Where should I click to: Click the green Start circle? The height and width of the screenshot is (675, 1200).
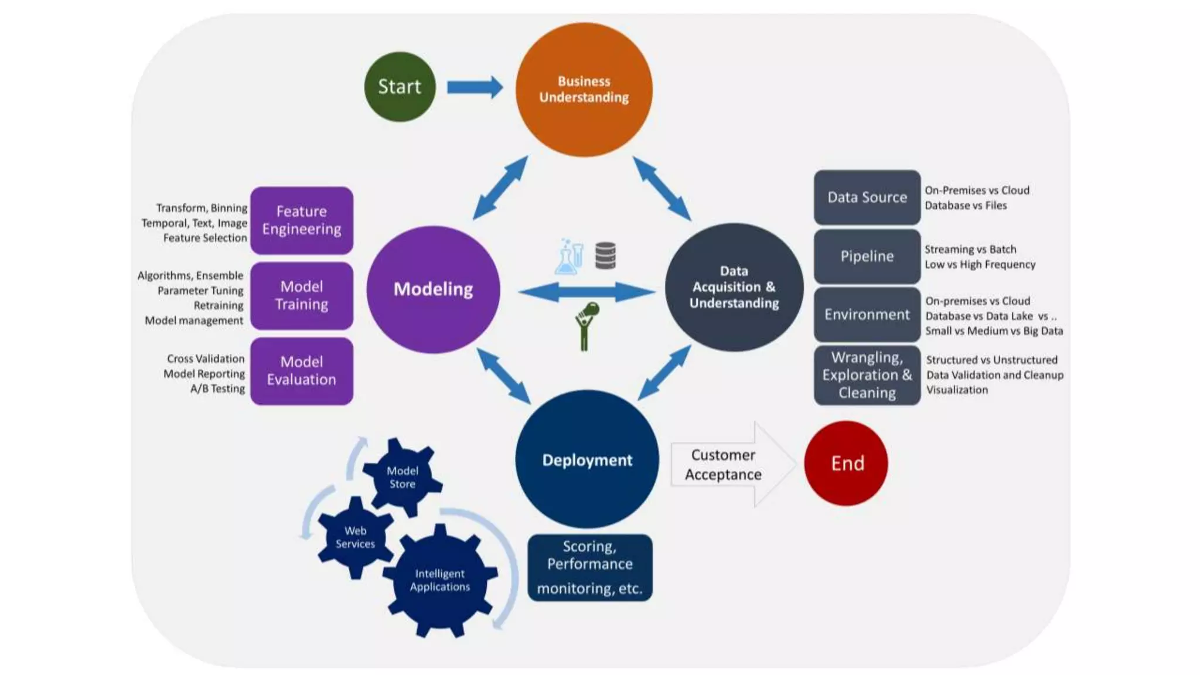coord(400,87)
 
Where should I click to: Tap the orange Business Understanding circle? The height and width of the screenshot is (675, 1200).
coord(584,90)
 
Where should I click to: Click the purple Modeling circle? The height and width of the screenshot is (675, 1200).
coord(433,289)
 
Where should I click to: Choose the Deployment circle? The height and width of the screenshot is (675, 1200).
coord(587,459)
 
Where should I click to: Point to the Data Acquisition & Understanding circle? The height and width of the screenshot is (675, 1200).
coord(734,287)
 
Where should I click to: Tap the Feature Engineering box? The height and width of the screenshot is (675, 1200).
coord(302,220)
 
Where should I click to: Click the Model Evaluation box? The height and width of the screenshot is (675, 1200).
coord(302,371)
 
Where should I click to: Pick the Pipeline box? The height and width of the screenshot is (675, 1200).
coord(867,256)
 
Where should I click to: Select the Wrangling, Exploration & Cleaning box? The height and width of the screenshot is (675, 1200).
coord(867,375)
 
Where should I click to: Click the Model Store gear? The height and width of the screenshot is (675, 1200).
coord(403,477)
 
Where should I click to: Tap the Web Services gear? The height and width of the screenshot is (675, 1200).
coord(355,537)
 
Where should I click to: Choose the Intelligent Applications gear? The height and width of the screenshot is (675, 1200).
coord(439,580)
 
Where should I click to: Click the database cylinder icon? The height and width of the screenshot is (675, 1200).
coord(605,255)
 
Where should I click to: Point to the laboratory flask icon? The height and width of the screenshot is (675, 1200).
coord(568,258)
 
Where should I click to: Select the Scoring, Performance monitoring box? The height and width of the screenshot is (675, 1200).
coord(589,567)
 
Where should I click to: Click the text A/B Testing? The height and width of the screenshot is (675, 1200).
coord(217,388)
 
